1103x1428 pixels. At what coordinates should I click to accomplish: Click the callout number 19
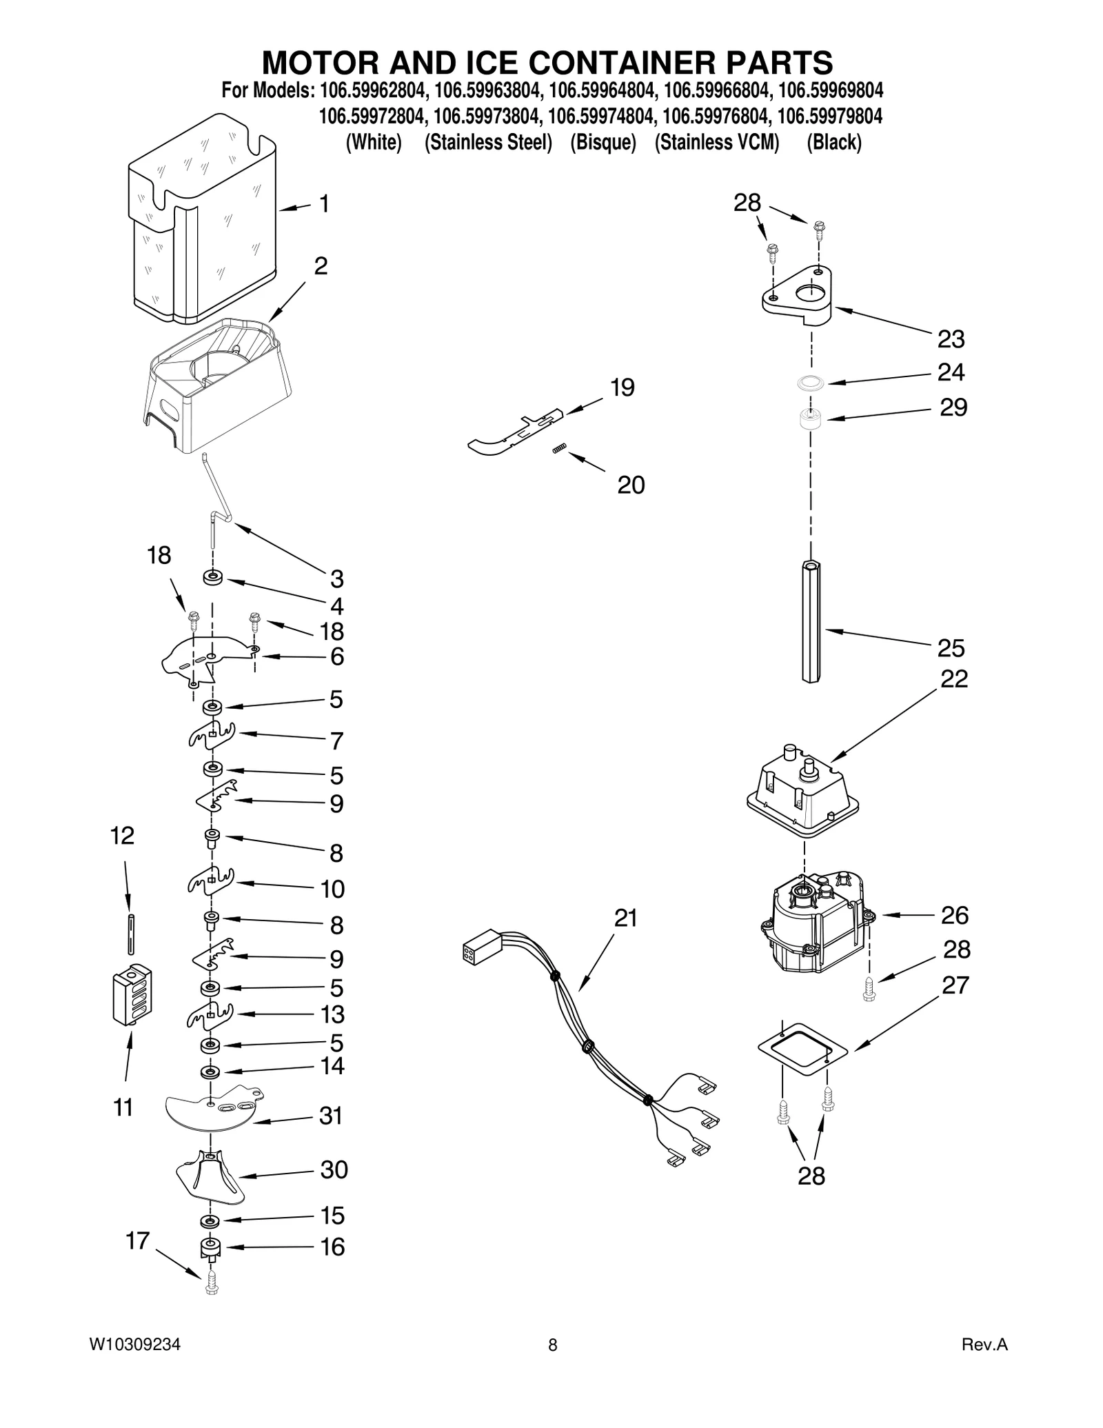(x=622, y=388)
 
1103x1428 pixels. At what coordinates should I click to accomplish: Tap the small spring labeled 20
(x=559, y=450)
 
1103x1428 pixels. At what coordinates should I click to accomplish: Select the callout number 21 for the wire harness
(x=626, y=918)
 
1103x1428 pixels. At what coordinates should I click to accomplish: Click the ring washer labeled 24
(x=811, y=381)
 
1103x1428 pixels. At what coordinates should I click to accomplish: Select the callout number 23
(x=951, y=339)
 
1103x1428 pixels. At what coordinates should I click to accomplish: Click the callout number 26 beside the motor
(x=955, y=915)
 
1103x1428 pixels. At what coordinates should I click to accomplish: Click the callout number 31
(x=331, y=1116)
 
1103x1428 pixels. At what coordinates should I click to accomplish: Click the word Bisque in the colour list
(x=603, y=143)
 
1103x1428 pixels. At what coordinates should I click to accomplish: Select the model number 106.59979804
(x=829, y=117)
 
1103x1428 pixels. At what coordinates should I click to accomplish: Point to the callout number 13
(x=332, y=1014)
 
